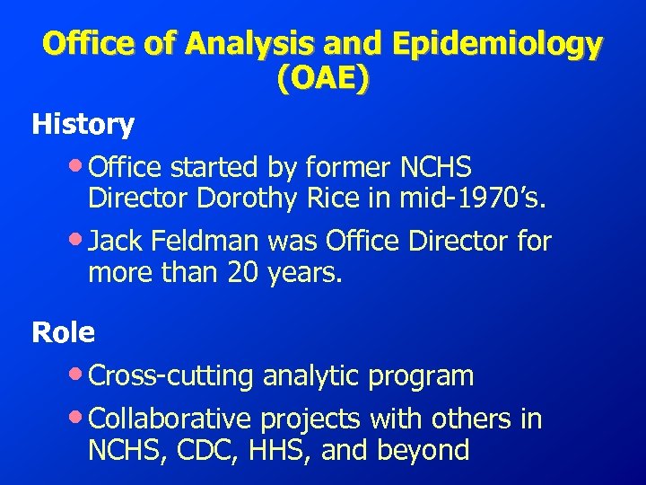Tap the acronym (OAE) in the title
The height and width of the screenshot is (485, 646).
coord(323,81)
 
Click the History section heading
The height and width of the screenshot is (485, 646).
coord(83,124)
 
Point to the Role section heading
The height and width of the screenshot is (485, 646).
coord(63,332)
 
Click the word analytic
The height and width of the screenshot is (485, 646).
coord(310,375)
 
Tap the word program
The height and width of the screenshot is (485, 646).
coord(421,375)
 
